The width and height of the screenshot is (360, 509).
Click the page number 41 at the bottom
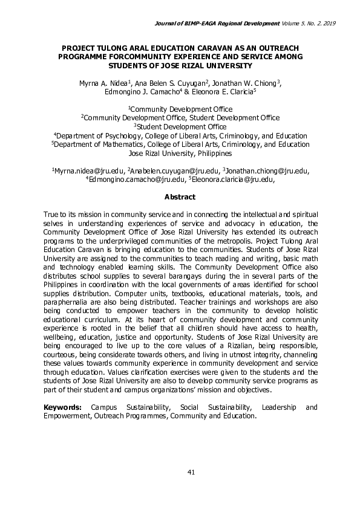pos(180,472)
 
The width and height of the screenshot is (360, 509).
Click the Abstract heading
pos(180,197)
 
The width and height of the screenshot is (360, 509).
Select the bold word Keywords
pos(63,407)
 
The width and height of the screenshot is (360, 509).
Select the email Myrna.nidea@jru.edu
pos(90,171)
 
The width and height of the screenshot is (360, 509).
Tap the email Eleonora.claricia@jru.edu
pos(234,180)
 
